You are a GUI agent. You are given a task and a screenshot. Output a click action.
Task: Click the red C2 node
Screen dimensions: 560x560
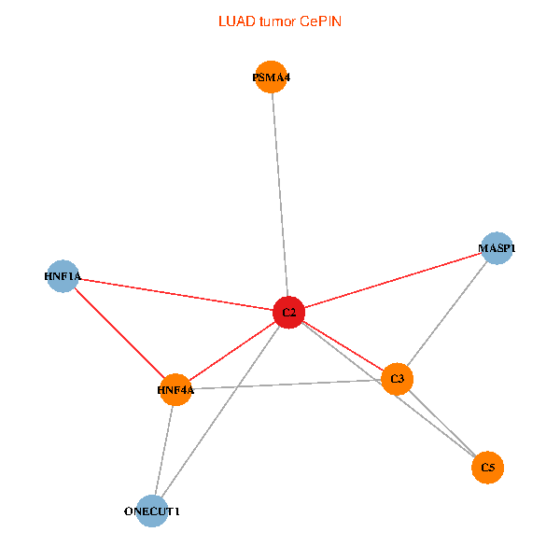288,312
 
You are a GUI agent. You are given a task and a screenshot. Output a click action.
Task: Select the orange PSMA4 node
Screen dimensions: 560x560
272,77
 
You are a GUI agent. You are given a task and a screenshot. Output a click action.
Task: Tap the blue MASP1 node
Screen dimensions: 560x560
497,248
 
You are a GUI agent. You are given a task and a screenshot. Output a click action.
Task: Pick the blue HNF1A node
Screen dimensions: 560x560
63,276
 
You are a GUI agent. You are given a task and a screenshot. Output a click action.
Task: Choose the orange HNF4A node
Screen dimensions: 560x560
175,389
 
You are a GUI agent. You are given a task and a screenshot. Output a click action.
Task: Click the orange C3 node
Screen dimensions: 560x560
398,379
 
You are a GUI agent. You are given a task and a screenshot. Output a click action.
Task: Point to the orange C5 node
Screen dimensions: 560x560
487,468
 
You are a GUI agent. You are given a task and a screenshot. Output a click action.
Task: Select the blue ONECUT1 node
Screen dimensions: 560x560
152,511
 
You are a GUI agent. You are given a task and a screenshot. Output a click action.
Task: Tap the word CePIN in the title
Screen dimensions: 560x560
320,21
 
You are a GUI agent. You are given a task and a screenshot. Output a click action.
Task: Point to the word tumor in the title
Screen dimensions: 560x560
277,21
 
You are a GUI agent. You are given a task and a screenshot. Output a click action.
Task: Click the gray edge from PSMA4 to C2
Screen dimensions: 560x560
280,195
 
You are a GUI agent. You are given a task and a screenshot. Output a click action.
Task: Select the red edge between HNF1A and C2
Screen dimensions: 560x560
176,294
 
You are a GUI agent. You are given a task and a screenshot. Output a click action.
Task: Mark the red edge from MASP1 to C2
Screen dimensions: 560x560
393,280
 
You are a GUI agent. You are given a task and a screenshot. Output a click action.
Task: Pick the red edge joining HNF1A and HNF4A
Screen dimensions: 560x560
119,333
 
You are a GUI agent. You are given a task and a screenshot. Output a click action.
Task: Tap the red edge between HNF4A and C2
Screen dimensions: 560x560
232,351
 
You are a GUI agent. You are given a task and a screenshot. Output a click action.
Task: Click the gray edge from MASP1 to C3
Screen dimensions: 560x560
447,314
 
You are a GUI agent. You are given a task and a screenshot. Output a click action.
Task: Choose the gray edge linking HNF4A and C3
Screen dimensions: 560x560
287,385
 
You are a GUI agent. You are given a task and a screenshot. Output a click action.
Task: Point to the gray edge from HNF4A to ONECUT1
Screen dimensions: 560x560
164,451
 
